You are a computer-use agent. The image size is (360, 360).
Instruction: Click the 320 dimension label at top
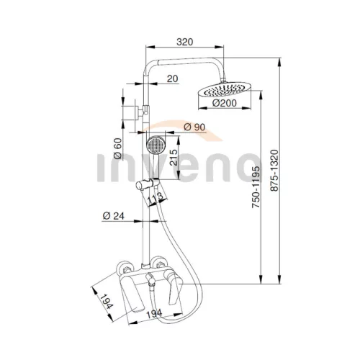pyautogui.click(x=184, y=42)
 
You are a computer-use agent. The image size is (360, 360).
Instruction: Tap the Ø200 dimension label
pyautogui.click(x=225, y=103)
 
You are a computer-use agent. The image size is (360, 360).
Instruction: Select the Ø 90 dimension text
pyautogui.click(x=194, y=127)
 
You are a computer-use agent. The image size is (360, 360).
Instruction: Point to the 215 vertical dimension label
pyautogui.click(x=174, y=158)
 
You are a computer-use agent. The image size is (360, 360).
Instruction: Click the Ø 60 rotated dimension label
pyautogui.click(x=117, y=149)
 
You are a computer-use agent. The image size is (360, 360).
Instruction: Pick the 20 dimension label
pyautogui.click(x=173, y=78)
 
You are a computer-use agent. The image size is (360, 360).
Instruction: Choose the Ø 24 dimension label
pyautogui.click(x=114, y=216)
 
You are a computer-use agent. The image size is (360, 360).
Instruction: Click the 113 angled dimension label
pyautogui.click(x=156, y=199)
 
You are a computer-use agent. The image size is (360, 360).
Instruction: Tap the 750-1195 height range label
pyautogui.click(x=256, y=187)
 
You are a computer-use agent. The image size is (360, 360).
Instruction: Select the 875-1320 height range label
pyautogui.click(x=274, y=171)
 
